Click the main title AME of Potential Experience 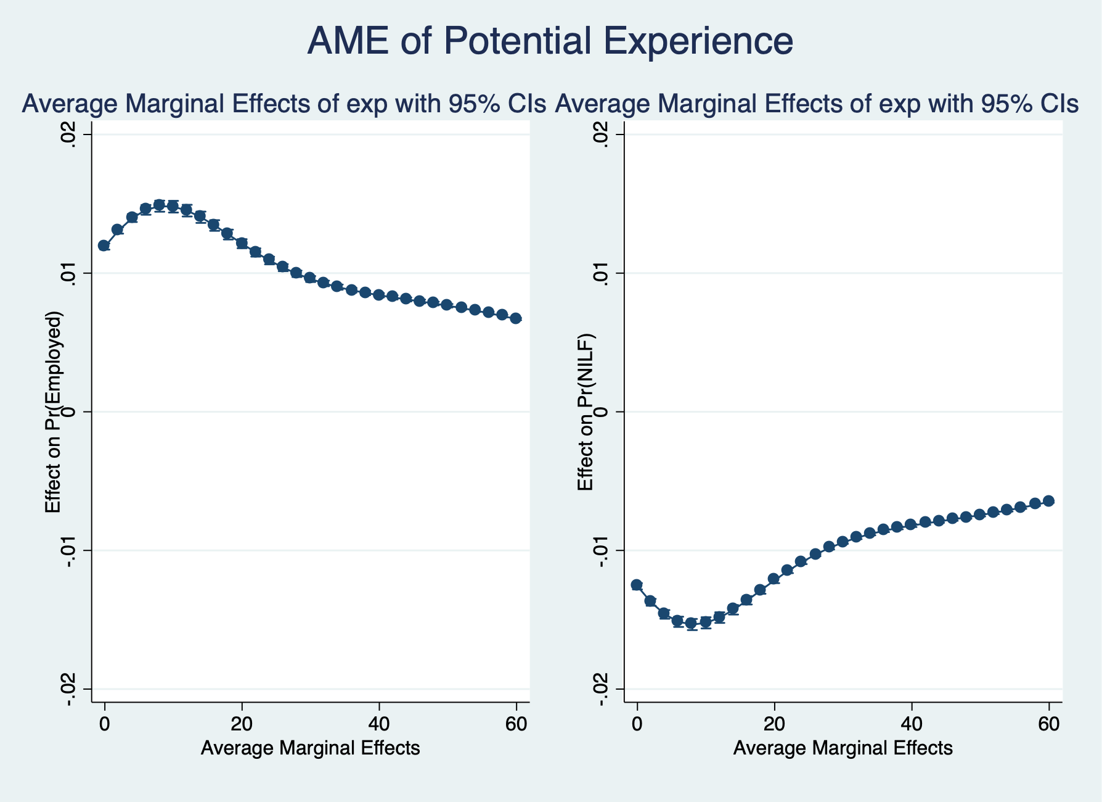(x=550, y=42)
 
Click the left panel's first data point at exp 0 (x=104, y=246)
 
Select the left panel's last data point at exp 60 (x=516, y=318)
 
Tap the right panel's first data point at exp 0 (x=637, y=585)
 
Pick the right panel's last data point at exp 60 (x=1049, y=501)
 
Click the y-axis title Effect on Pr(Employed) (x=54, y=412)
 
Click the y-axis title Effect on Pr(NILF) (x=586, y=412)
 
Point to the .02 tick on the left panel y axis (x=70, y=134)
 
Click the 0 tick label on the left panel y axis (x=70, y=411)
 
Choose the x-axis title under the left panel (x=311, y=749)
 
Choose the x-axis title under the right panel (x=843, y=749)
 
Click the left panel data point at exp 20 (x=242, y=243)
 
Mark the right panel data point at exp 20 (x=774, y=579)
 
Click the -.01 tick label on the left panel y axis (x=70, y=550)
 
